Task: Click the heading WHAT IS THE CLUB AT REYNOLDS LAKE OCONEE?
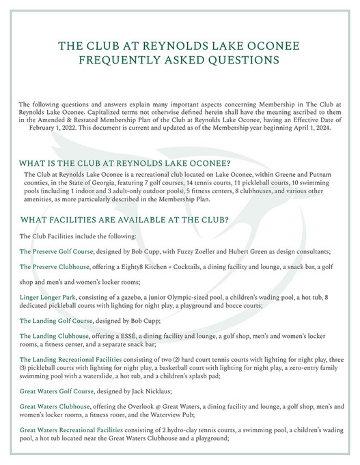125,163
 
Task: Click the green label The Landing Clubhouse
55,336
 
